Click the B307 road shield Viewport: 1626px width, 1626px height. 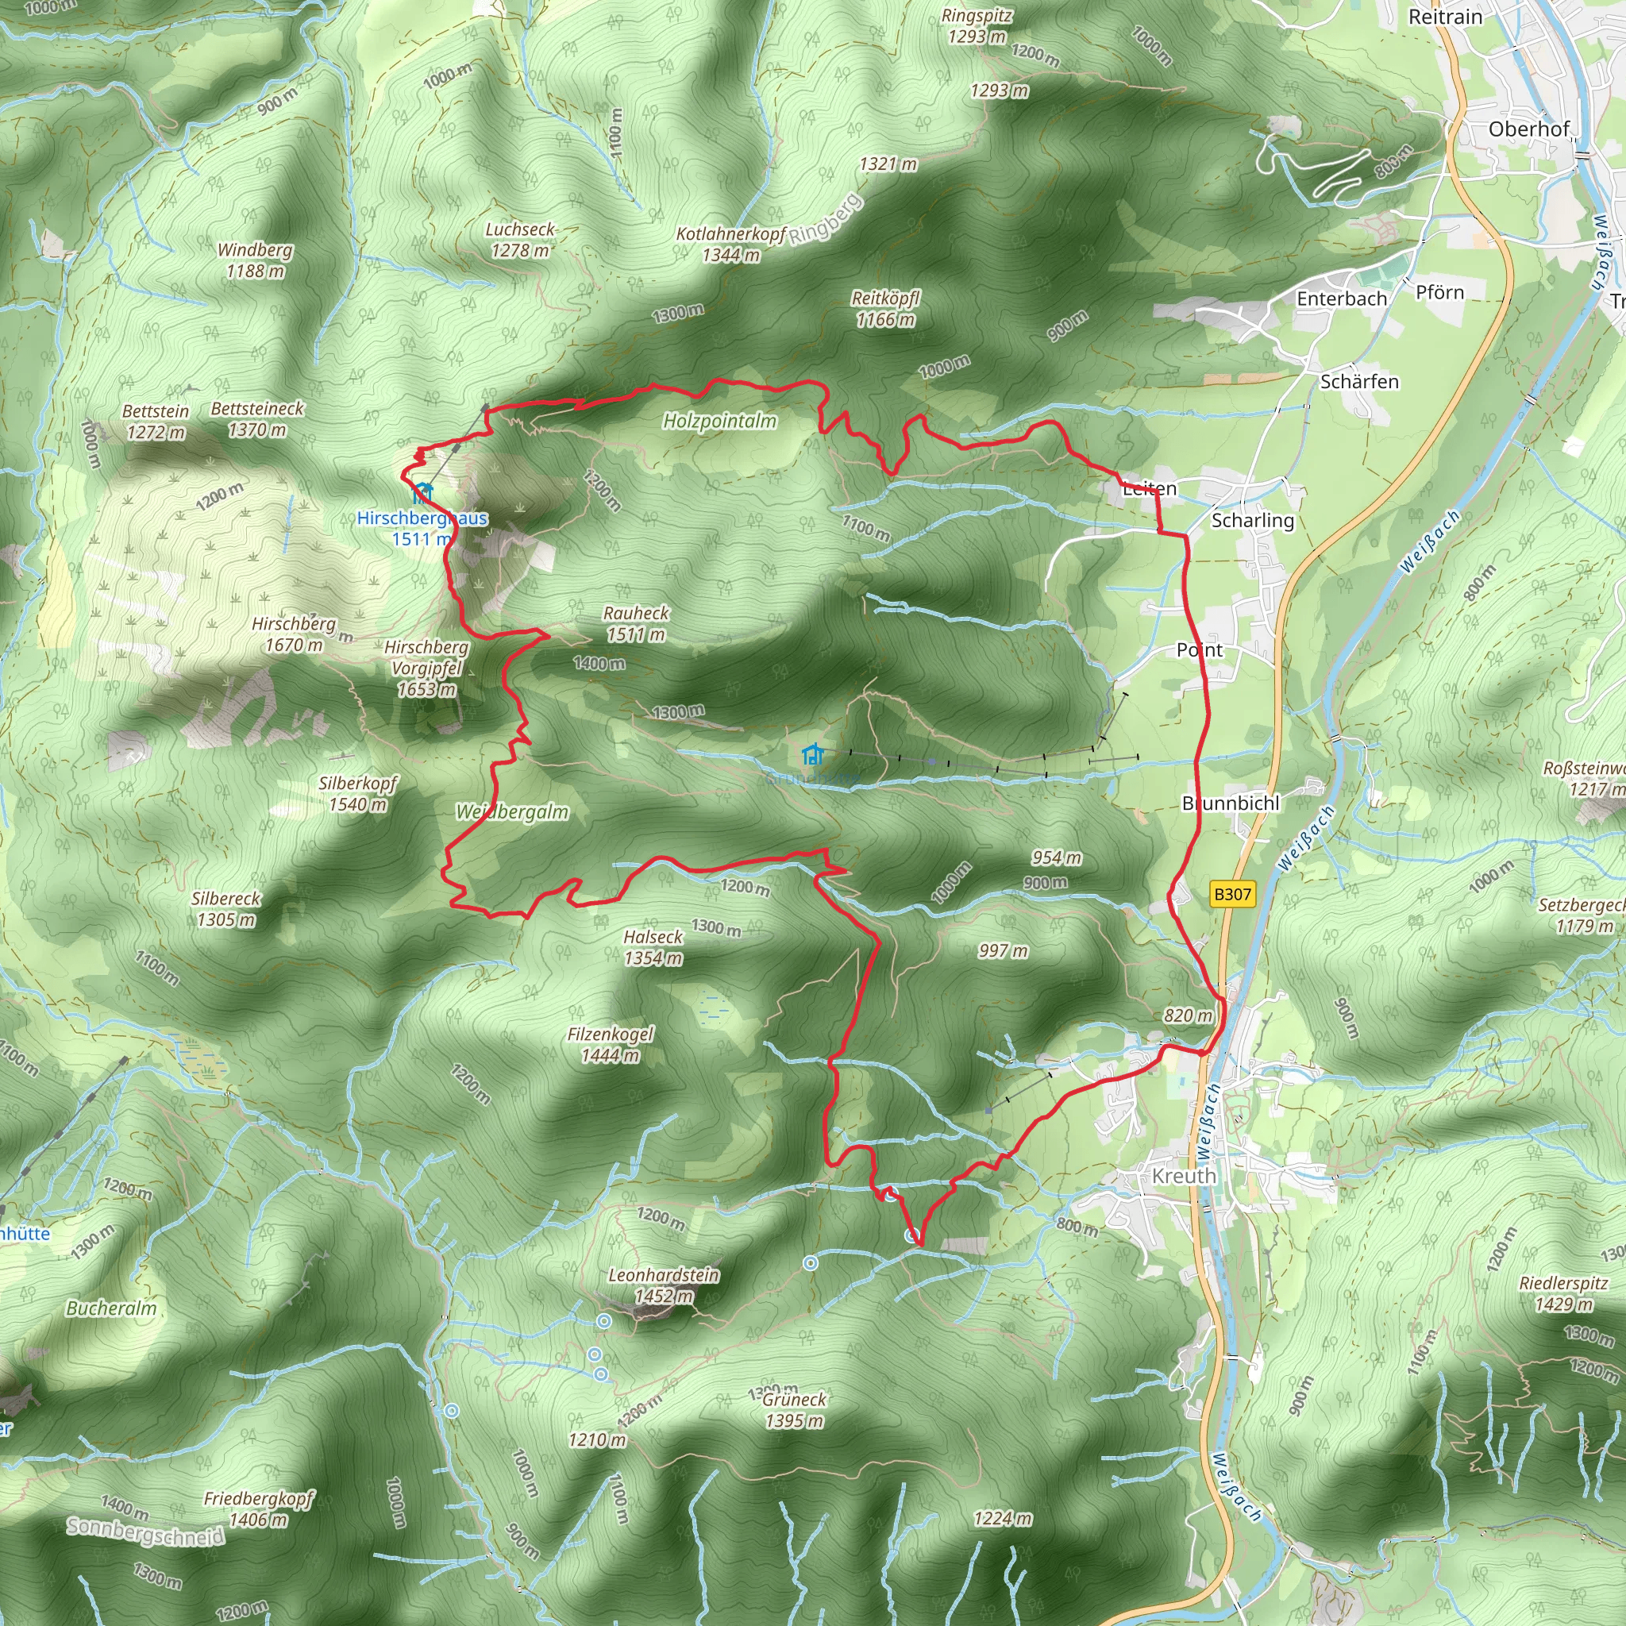pyautogui.click(x=1232, y=894)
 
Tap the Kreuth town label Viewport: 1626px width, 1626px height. pyautogui.click(x=1184, y=1176)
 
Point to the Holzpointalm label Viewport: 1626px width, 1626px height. pyautogui.click(x=719, y=421)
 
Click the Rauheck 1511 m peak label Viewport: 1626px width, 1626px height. pyautogui.click(x=635, y=623)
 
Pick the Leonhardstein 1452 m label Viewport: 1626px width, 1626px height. pyautogui.click(x=664, y=1285)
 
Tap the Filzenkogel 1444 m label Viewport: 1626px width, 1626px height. pyautogui.click(x=611, y=1045)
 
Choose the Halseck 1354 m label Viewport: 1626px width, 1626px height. pyautogui.click(x=653, y=947)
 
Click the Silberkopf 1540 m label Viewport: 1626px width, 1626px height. pyautogui.click(x=358, y=794)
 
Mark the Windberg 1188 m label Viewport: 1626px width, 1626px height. pyautogui.click(x=255, y=260)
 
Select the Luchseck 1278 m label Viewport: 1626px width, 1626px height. pyautogui.click(x=520, y=240)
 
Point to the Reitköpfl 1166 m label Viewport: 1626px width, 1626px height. pyautogui.click(x=885, y=308)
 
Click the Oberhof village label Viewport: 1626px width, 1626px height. pyautogui.click(x=1528, y=129)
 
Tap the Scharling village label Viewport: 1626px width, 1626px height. pyautogui.click(x=1252, y=520)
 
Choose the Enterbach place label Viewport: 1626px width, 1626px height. pyautogui.click(x=1342, y=299)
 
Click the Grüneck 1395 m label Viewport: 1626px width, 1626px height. pyautogui.click(x=795, y=1410)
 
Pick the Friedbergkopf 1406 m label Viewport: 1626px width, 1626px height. pyautogui.click(x=258, y=1509)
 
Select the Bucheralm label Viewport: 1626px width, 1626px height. pyautogui.click(x=111, y=1308)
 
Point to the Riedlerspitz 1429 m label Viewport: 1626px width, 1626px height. pyautogui.click(x=1564, y=1293)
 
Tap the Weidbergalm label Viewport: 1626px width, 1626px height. pyautogui.click(x=512, y=812)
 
